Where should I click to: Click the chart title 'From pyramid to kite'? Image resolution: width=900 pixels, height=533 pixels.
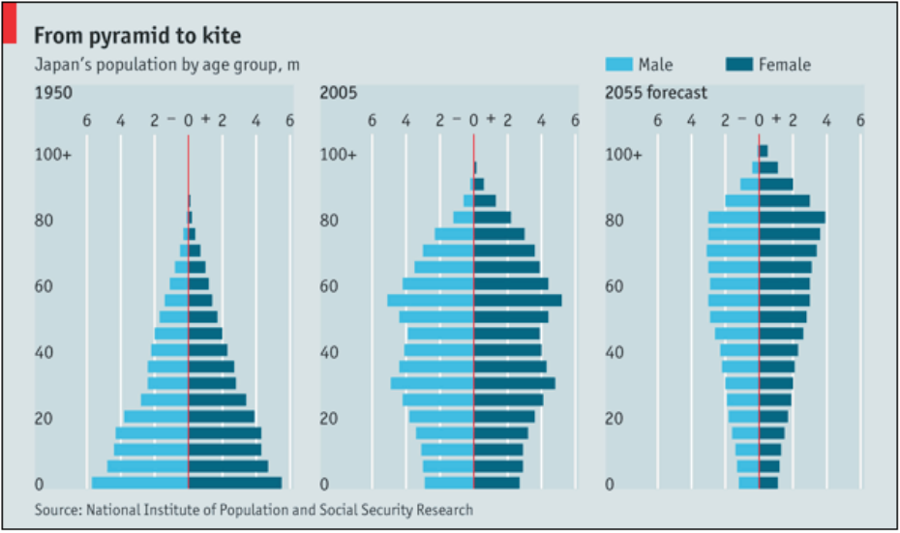click(137, 36)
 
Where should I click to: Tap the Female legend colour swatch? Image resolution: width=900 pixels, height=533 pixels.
click(738, 65)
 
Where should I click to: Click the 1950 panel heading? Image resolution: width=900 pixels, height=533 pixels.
click(54, 94)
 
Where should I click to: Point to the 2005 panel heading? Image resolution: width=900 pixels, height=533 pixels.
click(339, 94)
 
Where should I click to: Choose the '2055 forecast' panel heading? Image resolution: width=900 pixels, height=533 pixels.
click(656, 94)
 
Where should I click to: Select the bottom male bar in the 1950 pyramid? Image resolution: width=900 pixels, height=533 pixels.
click(139, 483)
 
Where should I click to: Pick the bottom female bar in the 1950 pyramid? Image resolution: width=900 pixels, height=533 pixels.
click(235, 483)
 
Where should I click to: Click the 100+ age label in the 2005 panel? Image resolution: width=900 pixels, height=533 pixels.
click(339, 155)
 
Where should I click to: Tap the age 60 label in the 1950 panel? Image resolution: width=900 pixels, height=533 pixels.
click(44, 287)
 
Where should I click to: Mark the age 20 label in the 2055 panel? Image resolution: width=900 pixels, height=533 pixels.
click(615, 419)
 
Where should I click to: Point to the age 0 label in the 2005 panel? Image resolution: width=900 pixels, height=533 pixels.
click(325, 485)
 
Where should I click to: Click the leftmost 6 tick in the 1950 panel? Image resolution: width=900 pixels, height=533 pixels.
click(86, 121)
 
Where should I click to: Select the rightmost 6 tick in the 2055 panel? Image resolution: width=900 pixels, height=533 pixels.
click(859, 121)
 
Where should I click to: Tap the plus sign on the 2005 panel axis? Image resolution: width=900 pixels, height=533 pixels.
click(491, 120)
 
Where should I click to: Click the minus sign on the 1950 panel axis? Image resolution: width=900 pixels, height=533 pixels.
click(171, 120)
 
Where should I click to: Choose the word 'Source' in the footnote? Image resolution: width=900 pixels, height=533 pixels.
click(56, 510)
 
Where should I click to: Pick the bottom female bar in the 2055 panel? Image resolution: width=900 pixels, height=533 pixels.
click(768, 482)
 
